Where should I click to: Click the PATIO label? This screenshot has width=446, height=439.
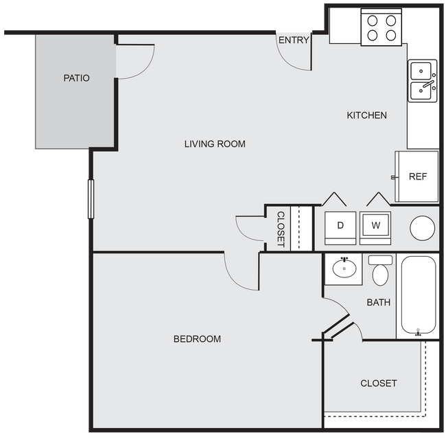tap(76, 78)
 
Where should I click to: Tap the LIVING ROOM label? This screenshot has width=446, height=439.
tap(215, 144)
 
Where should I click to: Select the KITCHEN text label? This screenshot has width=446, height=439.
tap(366, 115)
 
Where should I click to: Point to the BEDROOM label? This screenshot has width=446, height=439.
tap(197, 339)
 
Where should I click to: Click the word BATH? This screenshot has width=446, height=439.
tap(378, 302)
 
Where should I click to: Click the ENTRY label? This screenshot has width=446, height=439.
tap(294, 40)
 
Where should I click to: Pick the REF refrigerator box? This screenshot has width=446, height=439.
tap(417, 177)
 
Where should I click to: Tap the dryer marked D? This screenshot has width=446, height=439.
tap(340, 225)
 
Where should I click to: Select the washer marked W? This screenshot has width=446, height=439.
tap(375, 225)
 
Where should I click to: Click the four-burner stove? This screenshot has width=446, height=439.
tap(381, 28)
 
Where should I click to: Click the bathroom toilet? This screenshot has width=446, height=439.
tap(380, 272)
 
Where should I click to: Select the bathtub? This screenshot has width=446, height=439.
tap(418, 297)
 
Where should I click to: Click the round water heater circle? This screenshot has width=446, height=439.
tap(422, 227)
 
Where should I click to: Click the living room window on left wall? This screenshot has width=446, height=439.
tap(91, 199)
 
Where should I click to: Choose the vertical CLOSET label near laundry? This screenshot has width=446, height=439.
tap(281, 229)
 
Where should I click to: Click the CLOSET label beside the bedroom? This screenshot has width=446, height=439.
tap(378, 384)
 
